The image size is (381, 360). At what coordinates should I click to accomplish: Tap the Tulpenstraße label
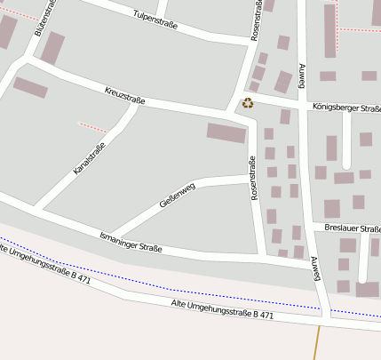tap(155, 20)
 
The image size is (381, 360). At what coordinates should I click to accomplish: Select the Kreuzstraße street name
tap(124, 93)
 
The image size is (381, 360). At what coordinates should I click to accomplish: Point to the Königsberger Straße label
tap(346, 108)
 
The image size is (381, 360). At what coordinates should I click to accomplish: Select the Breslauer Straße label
tap(352, 228)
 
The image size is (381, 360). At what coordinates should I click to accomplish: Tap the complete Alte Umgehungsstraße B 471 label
tap(222, 309)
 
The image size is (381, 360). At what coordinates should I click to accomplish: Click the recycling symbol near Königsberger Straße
tap(248, 103)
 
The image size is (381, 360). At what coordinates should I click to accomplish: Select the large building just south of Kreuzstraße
tap(226, 133)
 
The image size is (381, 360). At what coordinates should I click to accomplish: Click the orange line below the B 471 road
tap(315, 342)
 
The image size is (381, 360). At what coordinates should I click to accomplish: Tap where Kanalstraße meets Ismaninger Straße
tap(40, 211)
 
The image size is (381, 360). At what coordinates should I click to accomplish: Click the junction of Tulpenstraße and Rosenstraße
tap(250, 41)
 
